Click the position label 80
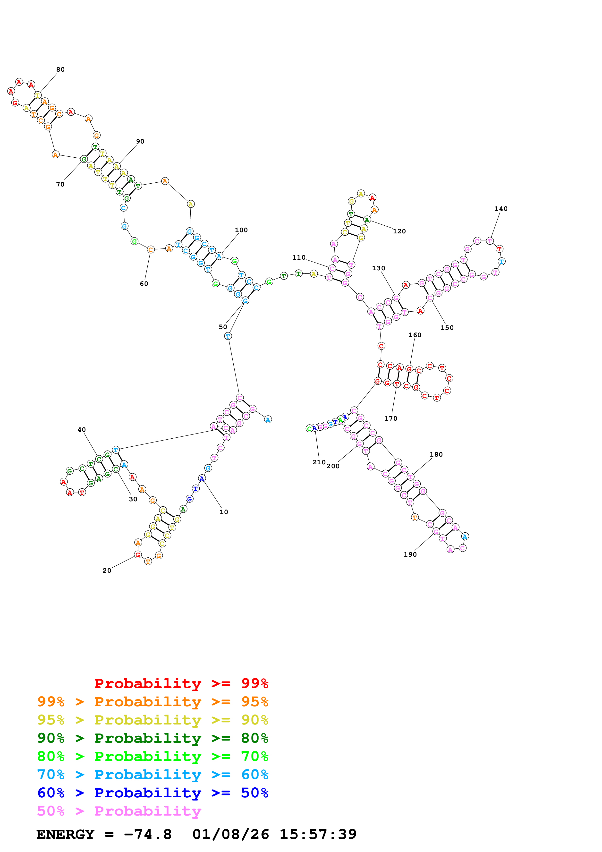(60, 69)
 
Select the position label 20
(107, 570)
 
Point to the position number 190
(410, 554)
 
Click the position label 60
(144, 283)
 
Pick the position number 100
(241, 230)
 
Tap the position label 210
(319, 462)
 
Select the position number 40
(82, 430)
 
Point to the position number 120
(399, 231)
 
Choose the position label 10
(224, 512)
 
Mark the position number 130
(379, 268)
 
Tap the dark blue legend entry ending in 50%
(153, 793)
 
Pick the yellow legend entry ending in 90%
(153, 720)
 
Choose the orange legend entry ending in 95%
(153, 702)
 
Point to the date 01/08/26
(231, 834)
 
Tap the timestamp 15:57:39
(318, 834)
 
